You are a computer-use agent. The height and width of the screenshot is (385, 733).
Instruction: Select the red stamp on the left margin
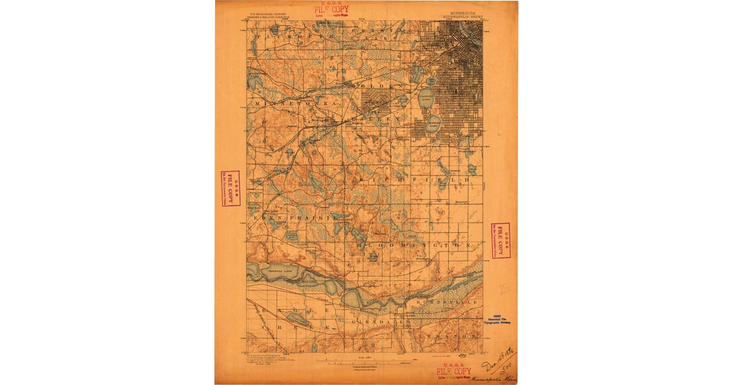coord(230,188)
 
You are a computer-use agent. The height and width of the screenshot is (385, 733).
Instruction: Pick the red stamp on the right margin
coord(501,240)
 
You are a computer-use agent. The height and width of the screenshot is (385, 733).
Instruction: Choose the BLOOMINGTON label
coord(415,245)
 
